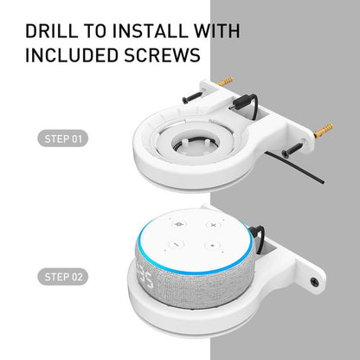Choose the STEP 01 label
coord(65,138)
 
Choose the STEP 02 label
coord(65,277)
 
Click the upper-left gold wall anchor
coord(226,80)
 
